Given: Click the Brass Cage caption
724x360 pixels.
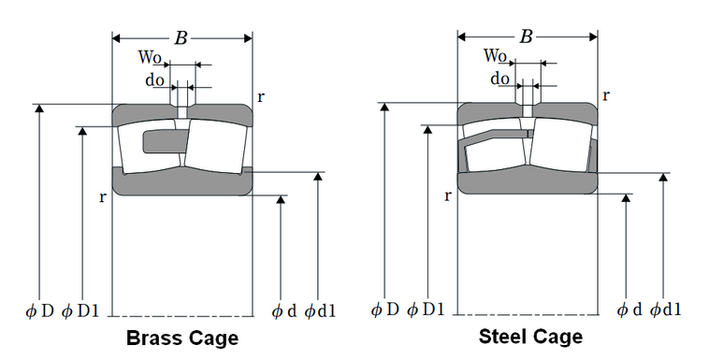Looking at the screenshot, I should [182, 338].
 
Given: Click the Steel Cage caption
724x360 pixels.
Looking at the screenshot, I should [530, 336].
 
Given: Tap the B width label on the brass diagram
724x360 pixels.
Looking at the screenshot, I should [181, 38].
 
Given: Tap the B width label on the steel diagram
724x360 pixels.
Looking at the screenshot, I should [526, 36].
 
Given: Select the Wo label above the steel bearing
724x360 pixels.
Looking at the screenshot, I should [496, 56].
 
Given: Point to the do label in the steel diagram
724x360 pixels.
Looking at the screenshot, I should [500, 78].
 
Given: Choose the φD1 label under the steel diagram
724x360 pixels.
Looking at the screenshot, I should [426, 310].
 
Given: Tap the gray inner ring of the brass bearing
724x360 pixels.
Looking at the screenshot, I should [182, 181].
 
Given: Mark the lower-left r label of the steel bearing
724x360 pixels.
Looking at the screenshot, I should [448, 195].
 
